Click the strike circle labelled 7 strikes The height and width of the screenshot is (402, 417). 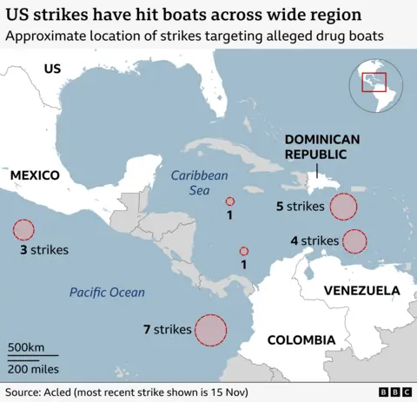click(x=210, y=330)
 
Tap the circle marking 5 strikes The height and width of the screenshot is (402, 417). click(x=344, y=207)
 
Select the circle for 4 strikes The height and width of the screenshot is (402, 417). click(x=354, y=241)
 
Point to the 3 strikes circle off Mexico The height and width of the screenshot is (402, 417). click(x=23, y=230)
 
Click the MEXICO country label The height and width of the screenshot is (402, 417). click(x=35, y=175)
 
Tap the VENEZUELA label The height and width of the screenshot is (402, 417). click(x=361, y=290)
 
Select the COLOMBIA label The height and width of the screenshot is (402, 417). click(x=301, y=339)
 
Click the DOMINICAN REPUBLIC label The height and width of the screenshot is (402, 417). click(x=316, y=146)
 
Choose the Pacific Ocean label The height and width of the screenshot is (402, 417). click(x=107, y=293)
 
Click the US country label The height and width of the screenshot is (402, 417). click(x=52, y=69)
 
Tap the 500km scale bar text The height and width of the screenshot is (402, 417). click(x=26, y=347)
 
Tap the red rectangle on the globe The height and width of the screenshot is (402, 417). click(x=374, y=81)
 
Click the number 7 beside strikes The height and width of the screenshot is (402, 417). click(x=147, y=330)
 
